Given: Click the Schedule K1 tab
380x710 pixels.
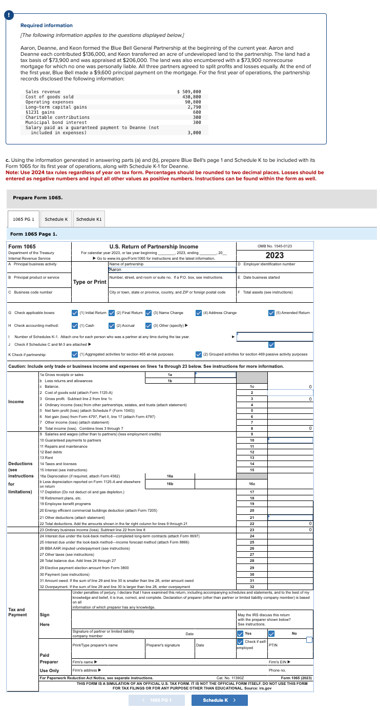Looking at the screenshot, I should (89, 219).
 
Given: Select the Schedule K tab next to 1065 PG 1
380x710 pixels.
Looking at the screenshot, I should (56, 219).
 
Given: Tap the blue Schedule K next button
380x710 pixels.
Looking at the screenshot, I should (215, 700).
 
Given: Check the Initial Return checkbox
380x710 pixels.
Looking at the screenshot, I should (75, 312).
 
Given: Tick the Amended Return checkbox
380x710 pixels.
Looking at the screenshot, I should (271, 312).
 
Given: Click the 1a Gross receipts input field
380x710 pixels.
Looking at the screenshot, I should (215, 374).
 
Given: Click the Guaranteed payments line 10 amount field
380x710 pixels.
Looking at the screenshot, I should (290, 440).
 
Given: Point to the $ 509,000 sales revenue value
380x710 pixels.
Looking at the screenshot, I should (185, 92).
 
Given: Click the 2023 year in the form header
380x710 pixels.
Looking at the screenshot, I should (275, 255).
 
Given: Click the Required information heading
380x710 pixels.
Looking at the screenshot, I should (47, 26).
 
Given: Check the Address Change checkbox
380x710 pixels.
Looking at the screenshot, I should (199, 312).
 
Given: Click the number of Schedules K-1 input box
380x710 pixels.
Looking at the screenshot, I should (274, 337).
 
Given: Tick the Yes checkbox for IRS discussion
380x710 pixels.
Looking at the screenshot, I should (241, 634).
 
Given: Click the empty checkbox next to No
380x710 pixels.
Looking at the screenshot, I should (309, 639).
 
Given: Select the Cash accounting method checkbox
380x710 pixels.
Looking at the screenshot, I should (75, 325).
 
